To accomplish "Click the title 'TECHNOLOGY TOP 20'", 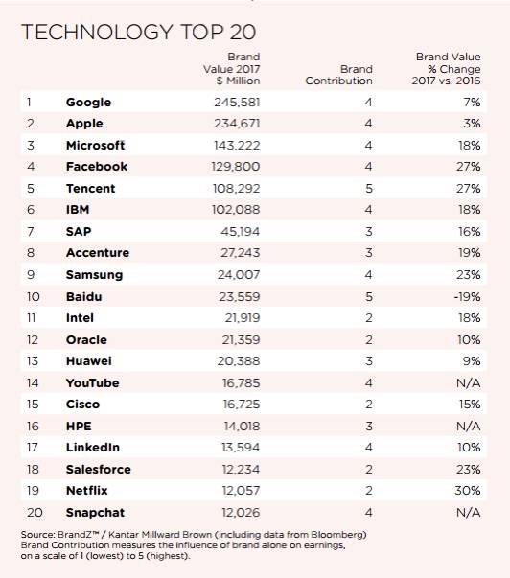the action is click(139, 32).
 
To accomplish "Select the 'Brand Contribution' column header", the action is click(339, 75).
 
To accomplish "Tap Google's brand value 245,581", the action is click(237, 103).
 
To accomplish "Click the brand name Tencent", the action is click(91, 189).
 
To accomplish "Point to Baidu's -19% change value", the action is click(467, 297).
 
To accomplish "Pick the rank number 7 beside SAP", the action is click(31, 232).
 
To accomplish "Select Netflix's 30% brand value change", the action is click(467, 490).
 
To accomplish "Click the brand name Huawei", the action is click(89, 360).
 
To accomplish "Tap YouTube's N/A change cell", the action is click(469, 383).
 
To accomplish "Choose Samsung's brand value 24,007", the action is click(239, 275).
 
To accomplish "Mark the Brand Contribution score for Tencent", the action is click(369, 189).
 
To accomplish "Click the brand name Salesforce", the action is click(99, 470).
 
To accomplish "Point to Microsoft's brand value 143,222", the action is click(237, 146).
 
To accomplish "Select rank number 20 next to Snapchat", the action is click(35, 513).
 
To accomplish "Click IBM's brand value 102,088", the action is click(236, 210).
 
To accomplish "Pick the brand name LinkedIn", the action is click(93, 447).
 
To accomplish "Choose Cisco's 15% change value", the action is click(470, 404).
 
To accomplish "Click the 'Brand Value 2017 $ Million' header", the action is click(232, 69).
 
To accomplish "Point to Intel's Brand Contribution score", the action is click(369, 317).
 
